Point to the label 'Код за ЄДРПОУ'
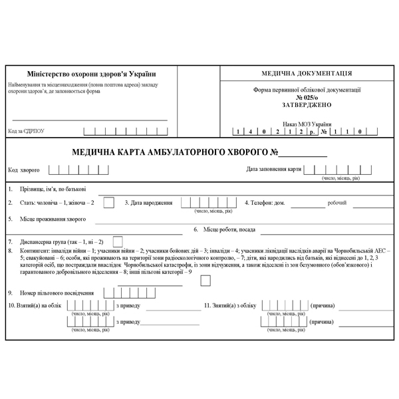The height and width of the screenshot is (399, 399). (28, 132)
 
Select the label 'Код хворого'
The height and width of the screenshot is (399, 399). (25, 169)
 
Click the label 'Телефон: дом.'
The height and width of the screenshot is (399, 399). (265, 202)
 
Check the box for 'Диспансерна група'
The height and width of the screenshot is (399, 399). (118, 241)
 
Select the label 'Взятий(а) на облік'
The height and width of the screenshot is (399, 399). (35, 306)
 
